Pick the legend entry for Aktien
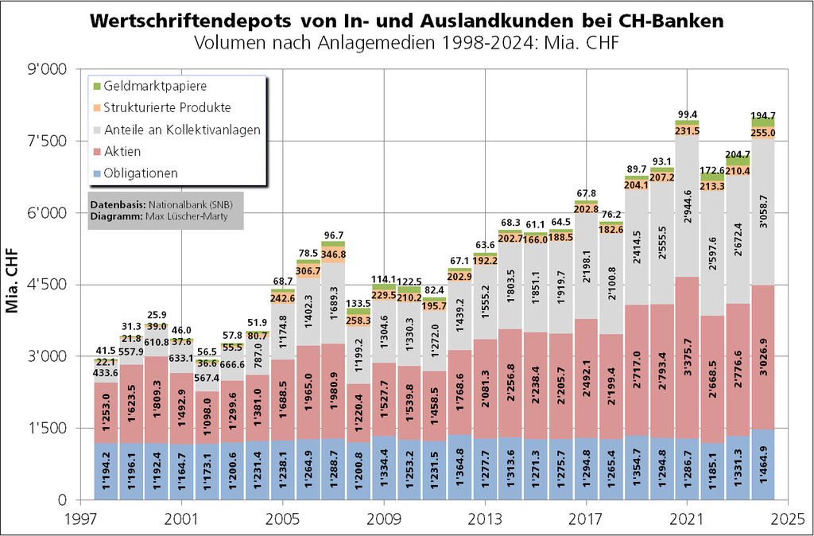point(122,151)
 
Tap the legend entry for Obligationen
point(141,173)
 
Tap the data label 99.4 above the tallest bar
point(687,115)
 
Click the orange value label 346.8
point(333,254)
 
